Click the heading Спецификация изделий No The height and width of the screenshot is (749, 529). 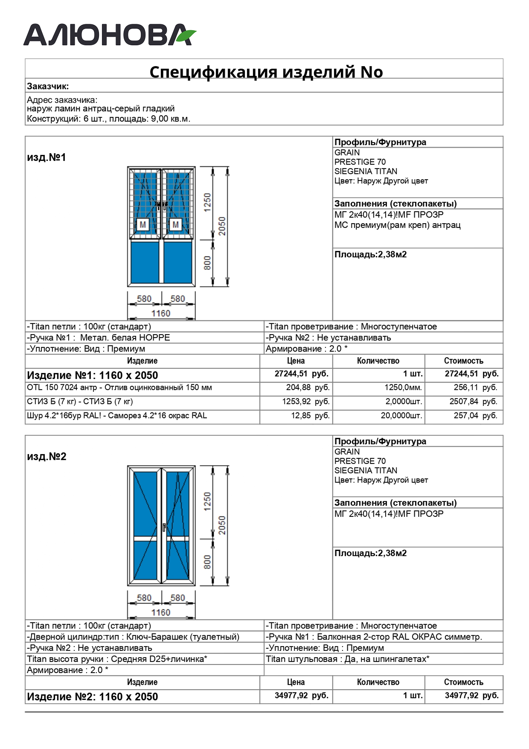click(266, 72)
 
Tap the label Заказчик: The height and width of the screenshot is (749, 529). click(48, 86)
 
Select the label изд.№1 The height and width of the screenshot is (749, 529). click(47, 157)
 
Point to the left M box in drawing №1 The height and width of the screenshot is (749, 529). click(142, 224)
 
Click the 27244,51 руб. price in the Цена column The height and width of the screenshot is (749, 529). click(301, 374)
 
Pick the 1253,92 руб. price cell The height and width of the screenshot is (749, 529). click(305, 402)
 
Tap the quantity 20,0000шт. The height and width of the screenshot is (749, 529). click(401, 416)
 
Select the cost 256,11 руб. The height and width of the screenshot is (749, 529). click(475, 388)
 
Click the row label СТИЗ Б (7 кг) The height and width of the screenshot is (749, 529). click(80, 402)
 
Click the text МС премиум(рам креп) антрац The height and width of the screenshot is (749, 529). click(397, 225)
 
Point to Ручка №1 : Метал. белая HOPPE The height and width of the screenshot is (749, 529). click(99, 338)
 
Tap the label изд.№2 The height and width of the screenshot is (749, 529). click(47, 457)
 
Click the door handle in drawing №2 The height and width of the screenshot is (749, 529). click(164, 527)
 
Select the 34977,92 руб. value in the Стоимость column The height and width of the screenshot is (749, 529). click(471, 695)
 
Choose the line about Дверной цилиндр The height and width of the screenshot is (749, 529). click(133, 637)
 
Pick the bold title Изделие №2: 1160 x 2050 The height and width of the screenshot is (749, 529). click(93, 697)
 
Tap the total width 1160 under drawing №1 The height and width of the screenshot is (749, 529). click(160, 313)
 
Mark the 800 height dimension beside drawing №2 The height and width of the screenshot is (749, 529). click(207, 562)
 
